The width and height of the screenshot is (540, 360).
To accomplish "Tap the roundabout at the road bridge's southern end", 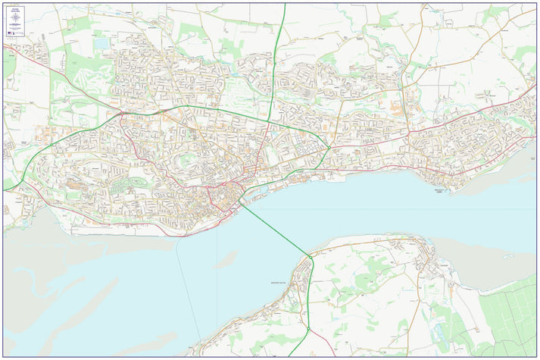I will tap(311, 258).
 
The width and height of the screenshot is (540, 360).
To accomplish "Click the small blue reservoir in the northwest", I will tap(101, 44).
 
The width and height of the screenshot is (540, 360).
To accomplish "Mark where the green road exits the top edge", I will tap(285, 5).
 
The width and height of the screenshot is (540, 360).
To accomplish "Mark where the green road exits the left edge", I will tap(4, 189).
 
